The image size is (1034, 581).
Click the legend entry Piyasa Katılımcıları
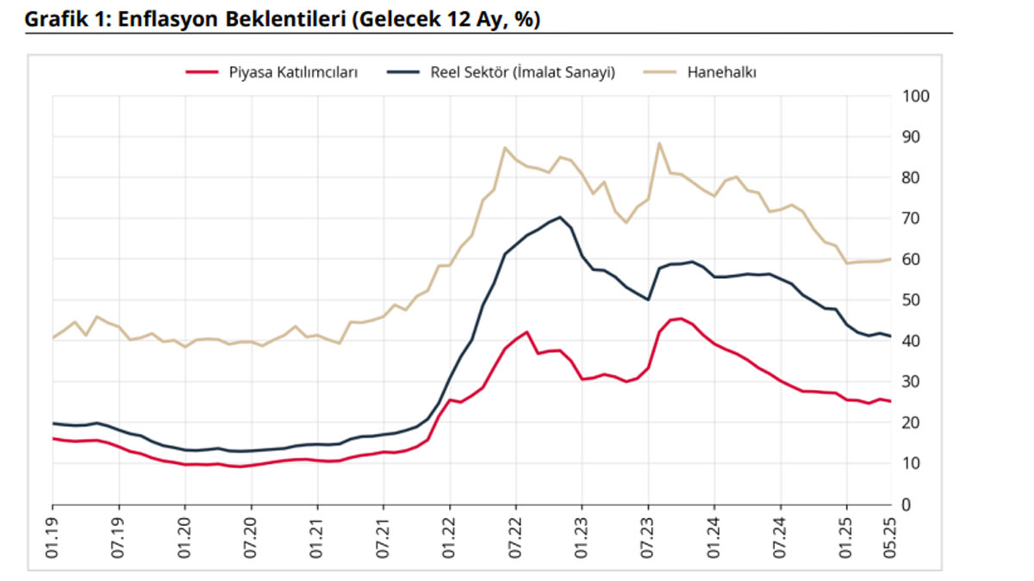click(x=293, y=73)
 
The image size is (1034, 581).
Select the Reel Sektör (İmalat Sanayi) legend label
click(x=523, y=73)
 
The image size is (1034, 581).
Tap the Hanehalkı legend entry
click(x=721, y=73)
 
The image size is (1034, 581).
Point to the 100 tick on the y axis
click(x=913, y=96)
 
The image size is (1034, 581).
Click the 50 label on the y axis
click(x=910, y=300)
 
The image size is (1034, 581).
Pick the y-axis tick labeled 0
click(x=906, y=504)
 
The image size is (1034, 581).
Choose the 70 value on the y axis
click(x=910, y=219)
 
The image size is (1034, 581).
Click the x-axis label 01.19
click(x=53, y=540)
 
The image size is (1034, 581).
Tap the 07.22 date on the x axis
click(x=515, y=540)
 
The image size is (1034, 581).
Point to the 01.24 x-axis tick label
click(x=713, y=540)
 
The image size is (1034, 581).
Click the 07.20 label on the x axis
click(x=251, y=540)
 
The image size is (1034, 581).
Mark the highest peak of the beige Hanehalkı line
click(x=659, y=143)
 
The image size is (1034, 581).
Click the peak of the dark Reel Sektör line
click(x=560, y=217)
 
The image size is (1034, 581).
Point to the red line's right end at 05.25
click(x=889, y=401)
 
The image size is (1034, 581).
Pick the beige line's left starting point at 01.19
click(x=53, y=337)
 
